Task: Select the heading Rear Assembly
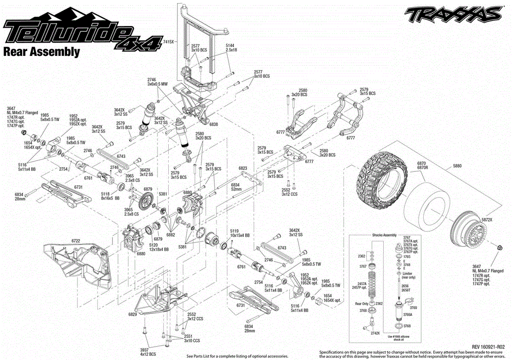click(x=42, y=51)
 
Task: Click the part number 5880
click(x=457, y=166)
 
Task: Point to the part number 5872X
click(x=487, y=219)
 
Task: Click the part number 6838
click(x=213, y=124)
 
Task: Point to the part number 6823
click(x=243, y=168)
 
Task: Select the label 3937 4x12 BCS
click(x=148, y=351)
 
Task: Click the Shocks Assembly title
click(x=384, y=235)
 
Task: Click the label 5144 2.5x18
click(x=232, y=48)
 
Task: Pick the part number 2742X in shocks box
click(x=374, y=333)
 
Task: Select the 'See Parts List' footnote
click(x=237, y=356)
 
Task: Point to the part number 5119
click(x=235, y=231)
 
